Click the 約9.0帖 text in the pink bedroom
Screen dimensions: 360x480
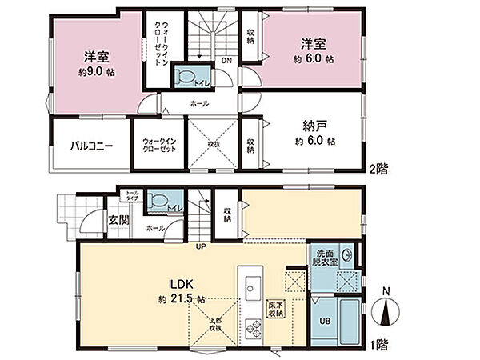[x=94, y=71]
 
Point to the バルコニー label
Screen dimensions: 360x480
[x=90, y=146]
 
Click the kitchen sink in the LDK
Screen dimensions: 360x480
[x=250, y=286]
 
